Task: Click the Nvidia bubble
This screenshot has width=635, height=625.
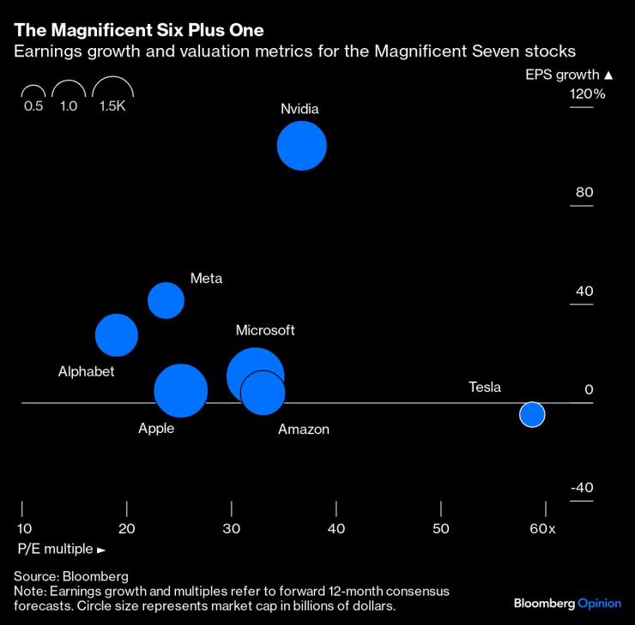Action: click(302, 146)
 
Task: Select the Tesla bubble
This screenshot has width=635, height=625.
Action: click(532, 414)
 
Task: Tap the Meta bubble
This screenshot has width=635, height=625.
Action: click(166, 300)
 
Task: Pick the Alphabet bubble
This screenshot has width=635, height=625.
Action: click(117, 335)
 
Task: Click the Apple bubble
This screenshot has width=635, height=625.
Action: click(180, 391)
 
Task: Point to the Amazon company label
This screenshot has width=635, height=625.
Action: click(304, 430)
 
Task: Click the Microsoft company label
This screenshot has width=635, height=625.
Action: click(265, 330)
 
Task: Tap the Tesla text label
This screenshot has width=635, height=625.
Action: click(485, 388)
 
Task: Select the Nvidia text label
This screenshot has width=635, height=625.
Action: click(299, 109)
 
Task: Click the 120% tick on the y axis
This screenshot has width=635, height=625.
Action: click(588, 93)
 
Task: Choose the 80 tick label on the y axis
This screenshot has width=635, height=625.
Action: click(584, 192)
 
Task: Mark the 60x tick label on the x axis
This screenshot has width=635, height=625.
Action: click(542, 529)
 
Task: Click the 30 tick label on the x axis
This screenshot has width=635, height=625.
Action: click(232, 529)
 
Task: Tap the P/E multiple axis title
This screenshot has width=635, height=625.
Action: click(60, 549)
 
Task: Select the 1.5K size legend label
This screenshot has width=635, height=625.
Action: click(112, 106)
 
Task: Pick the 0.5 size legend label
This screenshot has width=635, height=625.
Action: click(33, 106)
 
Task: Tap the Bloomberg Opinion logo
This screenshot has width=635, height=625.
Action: click(567, 604)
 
